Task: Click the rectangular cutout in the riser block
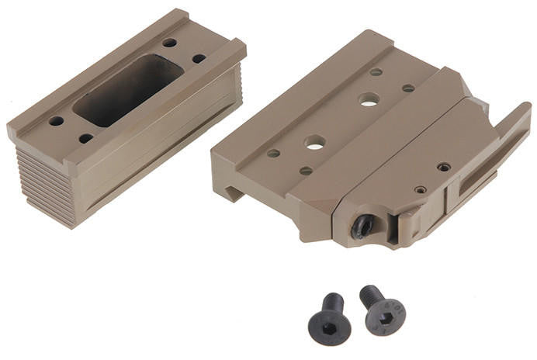coord(129,90)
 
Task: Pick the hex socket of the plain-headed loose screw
coord(327,325)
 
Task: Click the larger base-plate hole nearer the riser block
coord(314,143)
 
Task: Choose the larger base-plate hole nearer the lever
coord(369,99)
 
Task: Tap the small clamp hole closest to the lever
coord(444,167)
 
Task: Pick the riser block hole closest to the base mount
coord(199,58)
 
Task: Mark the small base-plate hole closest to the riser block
coord(273,154)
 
